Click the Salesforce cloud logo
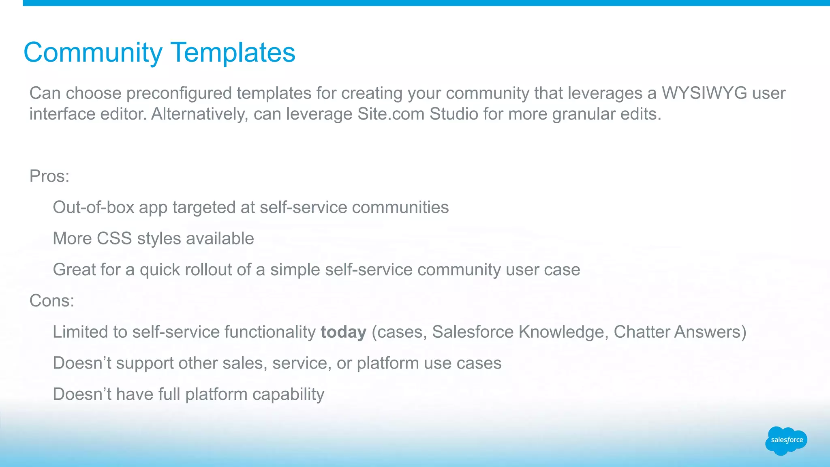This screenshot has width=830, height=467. point(786,440)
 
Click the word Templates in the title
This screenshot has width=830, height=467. point(233,53)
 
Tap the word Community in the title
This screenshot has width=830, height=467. point(93,53)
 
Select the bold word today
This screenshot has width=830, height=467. point(343,332)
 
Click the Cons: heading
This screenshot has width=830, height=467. point(52,301)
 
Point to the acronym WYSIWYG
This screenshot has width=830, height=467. point(704,93)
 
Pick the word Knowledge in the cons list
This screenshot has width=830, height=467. point(563,332)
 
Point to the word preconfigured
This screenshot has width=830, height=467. point(181,93)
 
